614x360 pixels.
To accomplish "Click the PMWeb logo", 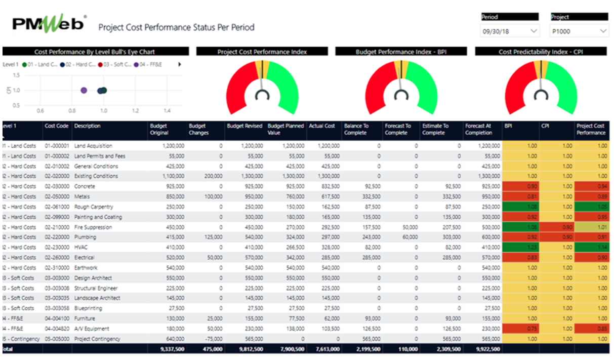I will pyautogui.click(x=49, y=24).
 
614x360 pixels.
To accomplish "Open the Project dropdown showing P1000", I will pyautogui.click(x=579, y=31).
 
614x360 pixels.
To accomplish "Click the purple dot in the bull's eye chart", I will pyautogui.click(x=84, y=90).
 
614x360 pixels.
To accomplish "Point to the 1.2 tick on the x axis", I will pyautogui.click(x=135, y=110).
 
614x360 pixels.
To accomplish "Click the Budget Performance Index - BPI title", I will pyautogui.click(x=401, y=52).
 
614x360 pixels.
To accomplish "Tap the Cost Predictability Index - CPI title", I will pyautogui.click(x=540, y=52).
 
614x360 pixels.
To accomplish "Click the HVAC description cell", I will pyautogui.click(x=81, y=248).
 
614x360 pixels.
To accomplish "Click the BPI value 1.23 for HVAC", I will pyautogui.click(x=531, y=248).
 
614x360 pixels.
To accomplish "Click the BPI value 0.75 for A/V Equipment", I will pyautogui.click(x=531, y=329).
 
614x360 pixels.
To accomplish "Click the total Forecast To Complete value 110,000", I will pyautogui.click(x=404, y=349).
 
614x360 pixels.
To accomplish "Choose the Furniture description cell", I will pyautogui.click(x=85, y=318).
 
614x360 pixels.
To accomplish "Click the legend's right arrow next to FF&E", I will pyautogui.click(x=180, y=65).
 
